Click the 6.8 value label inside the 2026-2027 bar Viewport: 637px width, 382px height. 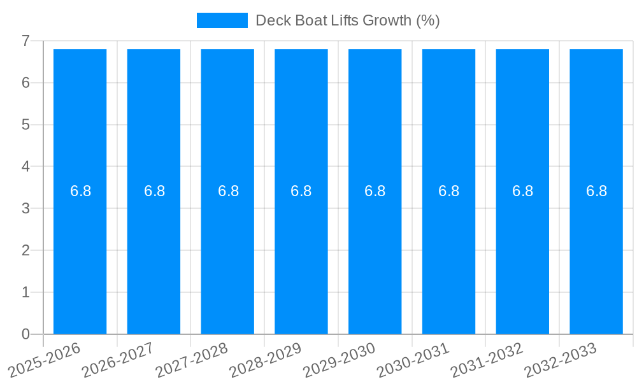tap(154, 191)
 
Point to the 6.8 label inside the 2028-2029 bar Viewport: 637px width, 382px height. tap(301, 191)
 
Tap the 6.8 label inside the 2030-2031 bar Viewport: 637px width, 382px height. tap(448, 191)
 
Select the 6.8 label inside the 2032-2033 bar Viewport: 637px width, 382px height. tap(596, 191)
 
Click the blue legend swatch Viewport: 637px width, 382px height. tap(222, 20)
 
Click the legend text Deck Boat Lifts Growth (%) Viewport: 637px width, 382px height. tap(347, 20)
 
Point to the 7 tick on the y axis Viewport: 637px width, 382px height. tap(25, 41)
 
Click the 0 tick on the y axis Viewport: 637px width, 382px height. tap(25, 334)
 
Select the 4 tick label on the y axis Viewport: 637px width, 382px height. tap(25, 167)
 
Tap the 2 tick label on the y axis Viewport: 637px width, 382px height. tap(25, 250)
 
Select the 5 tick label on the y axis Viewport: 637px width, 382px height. tap(25, 125)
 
